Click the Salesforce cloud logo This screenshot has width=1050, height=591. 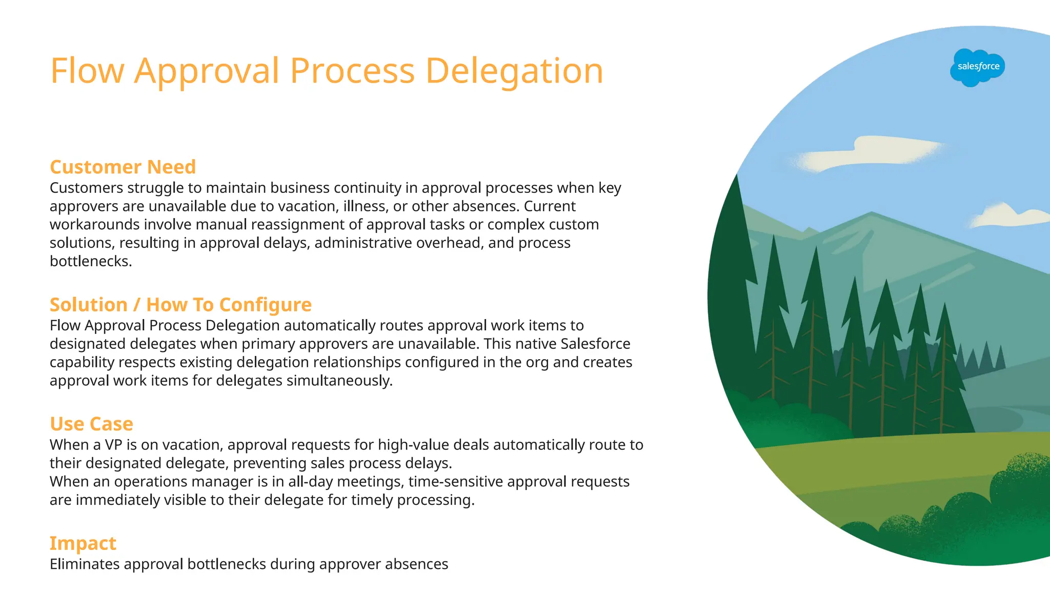(x=978, y=67)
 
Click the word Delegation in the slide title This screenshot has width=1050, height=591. (x=514, y=71)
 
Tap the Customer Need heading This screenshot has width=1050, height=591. (x=123, y=167)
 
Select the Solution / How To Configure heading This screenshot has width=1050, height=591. (x=180, y=305)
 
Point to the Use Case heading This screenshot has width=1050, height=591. (x=91, y=424)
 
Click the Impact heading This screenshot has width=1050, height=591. (x=83, y=543)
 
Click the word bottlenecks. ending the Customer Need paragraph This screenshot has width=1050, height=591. (x=91, y=262)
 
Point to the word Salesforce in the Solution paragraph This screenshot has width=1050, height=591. (x=596, y=344)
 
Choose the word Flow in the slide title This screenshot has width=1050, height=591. (x=87, y=71)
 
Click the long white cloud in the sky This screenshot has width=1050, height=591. (x=866, y=153)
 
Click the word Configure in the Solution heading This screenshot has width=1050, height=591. (x=265, y=305)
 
